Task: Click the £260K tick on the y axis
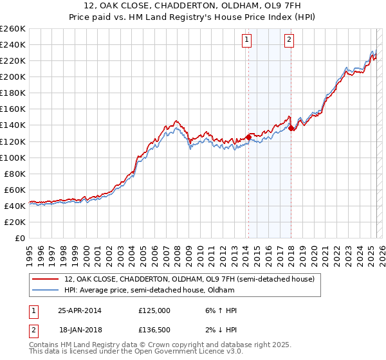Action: click(13, 28)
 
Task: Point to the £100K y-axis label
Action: click(13, 157)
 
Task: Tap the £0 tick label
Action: click(19, 238)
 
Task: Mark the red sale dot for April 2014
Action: click(248, 137)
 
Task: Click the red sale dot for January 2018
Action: click(291, 128)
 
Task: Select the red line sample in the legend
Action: click(45, 279)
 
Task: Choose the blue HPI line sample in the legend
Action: click(45, 291)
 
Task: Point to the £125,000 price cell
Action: click(154, 310)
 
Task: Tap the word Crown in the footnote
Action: click(140, 345)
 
